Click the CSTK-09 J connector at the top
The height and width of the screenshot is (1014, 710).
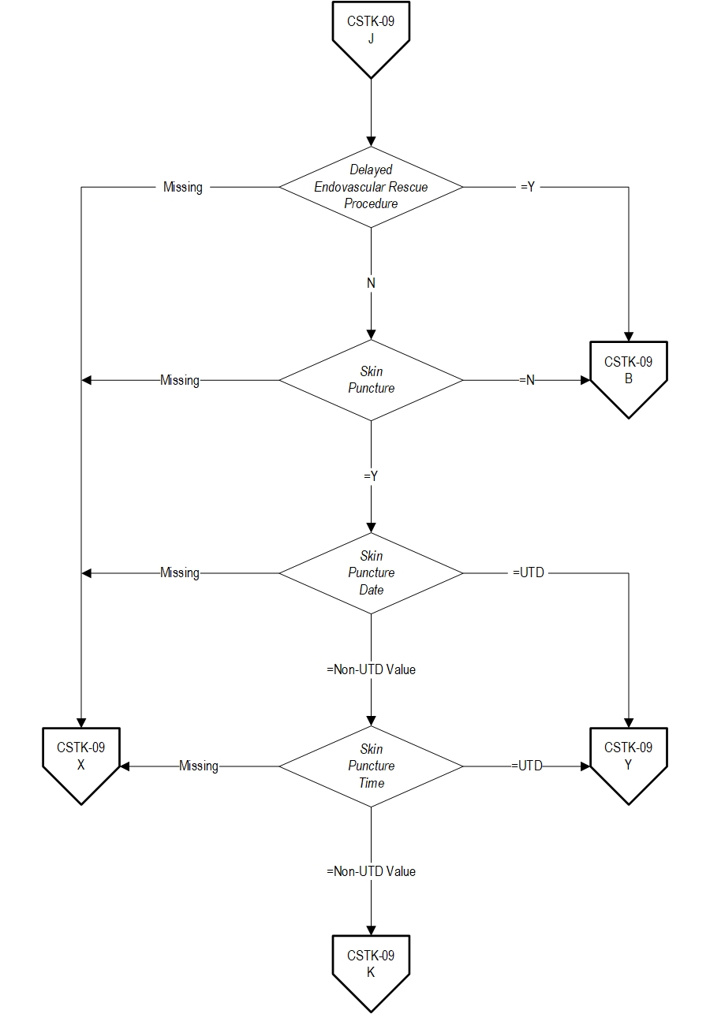tap(371, 39)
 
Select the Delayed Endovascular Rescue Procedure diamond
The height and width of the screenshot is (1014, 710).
tap(371, 187)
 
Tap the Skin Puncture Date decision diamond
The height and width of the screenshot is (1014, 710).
tap(371, 573)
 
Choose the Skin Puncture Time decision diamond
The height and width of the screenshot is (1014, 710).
tap(371, 766)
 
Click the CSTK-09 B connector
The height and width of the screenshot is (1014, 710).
tap(629, 378)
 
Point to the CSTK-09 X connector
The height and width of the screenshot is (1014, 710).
tap(81, 765)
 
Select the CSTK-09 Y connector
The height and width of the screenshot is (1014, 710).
tap(629, 765)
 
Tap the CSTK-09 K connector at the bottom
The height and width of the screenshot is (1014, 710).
tap(371, 973)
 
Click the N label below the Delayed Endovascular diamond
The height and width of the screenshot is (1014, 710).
tap(371, 283)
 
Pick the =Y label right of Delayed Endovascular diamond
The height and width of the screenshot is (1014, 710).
tap(528, 187)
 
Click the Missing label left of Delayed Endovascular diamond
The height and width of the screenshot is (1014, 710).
tap(183, 187)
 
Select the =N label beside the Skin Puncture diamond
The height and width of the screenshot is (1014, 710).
tap(527, 380)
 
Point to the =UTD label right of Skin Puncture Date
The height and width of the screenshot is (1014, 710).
tap(529, 572)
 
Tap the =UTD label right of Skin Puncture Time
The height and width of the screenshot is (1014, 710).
tap(527, 766)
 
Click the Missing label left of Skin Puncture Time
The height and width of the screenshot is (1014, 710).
tap(199, 766)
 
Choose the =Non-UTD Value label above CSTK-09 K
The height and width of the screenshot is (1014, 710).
tap(371, 871)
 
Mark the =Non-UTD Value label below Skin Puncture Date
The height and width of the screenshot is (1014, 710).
tap(371, 669)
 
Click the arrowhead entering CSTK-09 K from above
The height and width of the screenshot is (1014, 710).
tap(371, 930)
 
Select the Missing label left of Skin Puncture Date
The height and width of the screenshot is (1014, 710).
tap(180, 573)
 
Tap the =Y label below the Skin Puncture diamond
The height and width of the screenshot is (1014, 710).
tap(371, 476)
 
